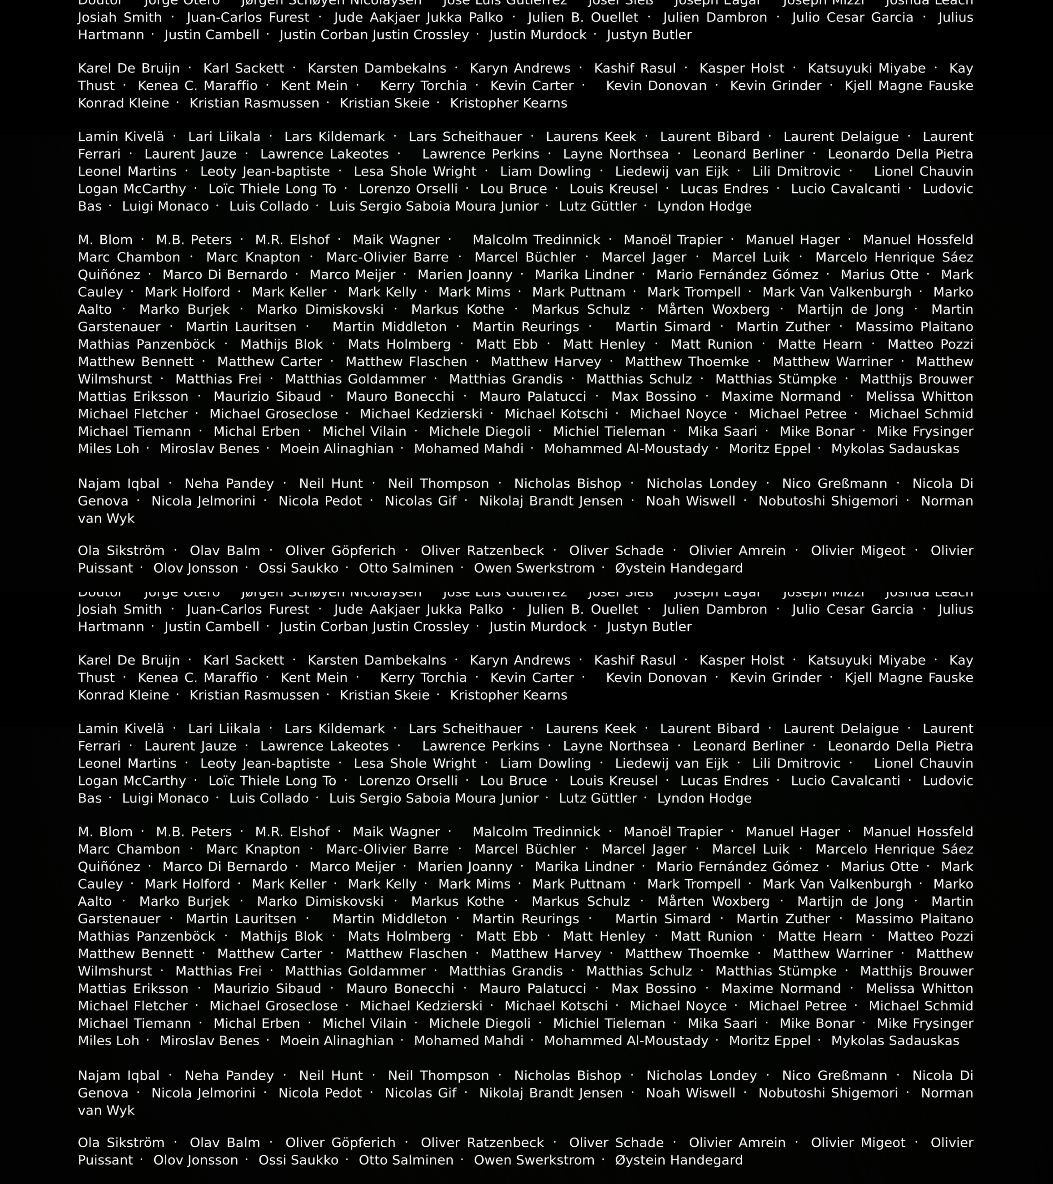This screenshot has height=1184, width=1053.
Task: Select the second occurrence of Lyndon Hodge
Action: (704, 798)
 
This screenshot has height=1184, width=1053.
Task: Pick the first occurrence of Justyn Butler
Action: (649, 35)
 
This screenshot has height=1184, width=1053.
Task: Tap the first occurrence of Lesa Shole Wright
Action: (415, 172)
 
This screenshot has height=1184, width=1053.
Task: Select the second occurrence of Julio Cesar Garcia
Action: (852, 609)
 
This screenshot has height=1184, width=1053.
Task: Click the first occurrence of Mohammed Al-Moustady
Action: (626, 449)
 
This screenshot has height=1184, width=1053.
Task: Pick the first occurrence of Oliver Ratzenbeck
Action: (482, 551)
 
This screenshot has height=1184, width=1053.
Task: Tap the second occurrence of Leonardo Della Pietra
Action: (900, 746)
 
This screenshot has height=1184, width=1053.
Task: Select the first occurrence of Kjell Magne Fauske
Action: (909, 86)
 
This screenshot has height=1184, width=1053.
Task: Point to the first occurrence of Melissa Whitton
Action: (919, 397)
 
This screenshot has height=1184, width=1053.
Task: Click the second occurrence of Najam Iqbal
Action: (119, 1076)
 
